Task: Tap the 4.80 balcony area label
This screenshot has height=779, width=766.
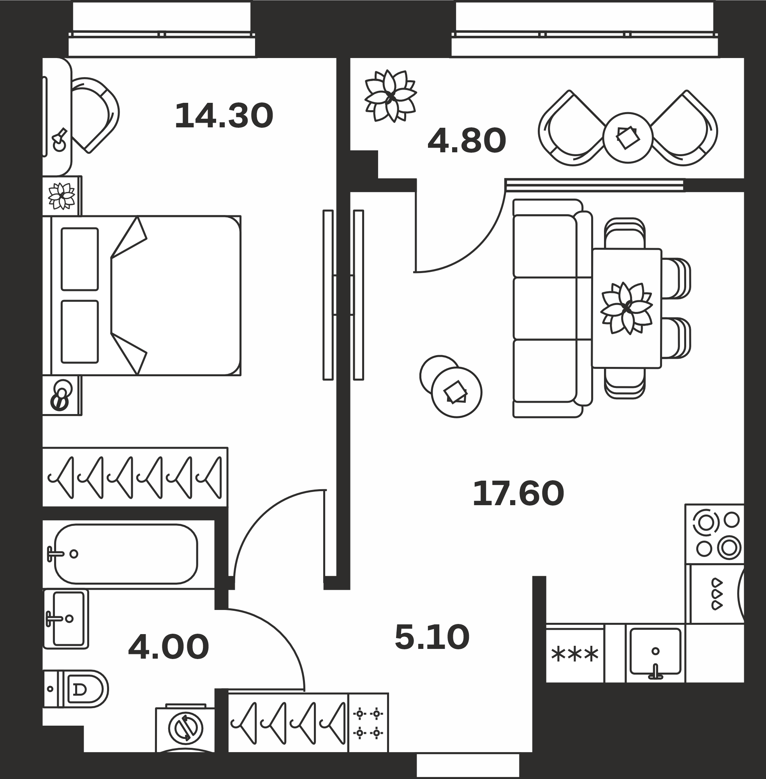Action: click(x=467, y=141)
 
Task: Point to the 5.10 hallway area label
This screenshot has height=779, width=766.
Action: click(x=432, y=637)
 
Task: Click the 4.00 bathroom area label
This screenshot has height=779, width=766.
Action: click(x=169, y=647)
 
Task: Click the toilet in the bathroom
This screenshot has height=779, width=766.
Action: click(x=76, y=689)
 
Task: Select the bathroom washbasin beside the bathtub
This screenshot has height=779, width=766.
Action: click(x=65, y=619)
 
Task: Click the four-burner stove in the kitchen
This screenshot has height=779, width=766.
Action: click(x=715, y=534)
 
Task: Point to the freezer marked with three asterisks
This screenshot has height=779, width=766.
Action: click(x=575, y=654)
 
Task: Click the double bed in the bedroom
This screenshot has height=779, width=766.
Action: click(x=142, y=296)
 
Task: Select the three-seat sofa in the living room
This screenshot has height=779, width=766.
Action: click(x=552, y=308)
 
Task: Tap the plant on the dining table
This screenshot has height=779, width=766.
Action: click(x=627, y=308)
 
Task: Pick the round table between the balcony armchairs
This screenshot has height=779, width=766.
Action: click(x=628, y=137)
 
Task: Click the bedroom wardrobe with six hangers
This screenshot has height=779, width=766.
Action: click(x=135, y=477)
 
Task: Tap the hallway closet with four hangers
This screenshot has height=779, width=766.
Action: click(x=288, y=723)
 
